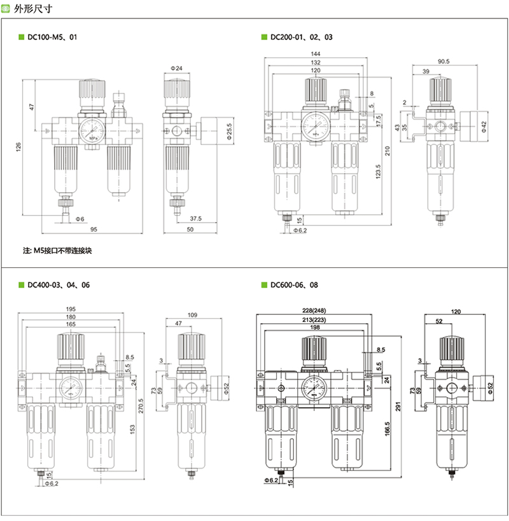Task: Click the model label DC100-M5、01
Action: point(52,38)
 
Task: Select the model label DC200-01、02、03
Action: point(301,38)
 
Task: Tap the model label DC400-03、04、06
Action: point(58,285)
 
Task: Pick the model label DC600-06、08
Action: point(297,285)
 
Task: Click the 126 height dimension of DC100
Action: point(19,147)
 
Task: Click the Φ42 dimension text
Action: point(484,125)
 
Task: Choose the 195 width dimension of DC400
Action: point(70,310)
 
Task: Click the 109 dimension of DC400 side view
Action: point(193,315)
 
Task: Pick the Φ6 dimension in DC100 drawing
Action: point(80,219)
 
